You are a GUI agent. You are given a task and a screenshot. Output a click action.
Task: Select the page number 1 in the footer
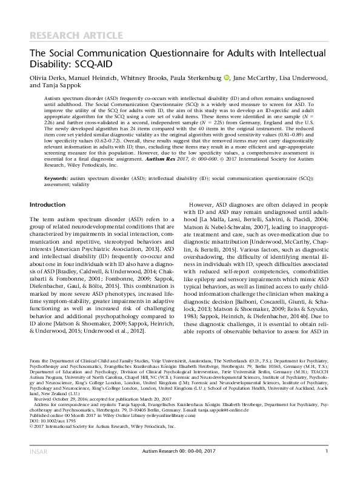[327, 467]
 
